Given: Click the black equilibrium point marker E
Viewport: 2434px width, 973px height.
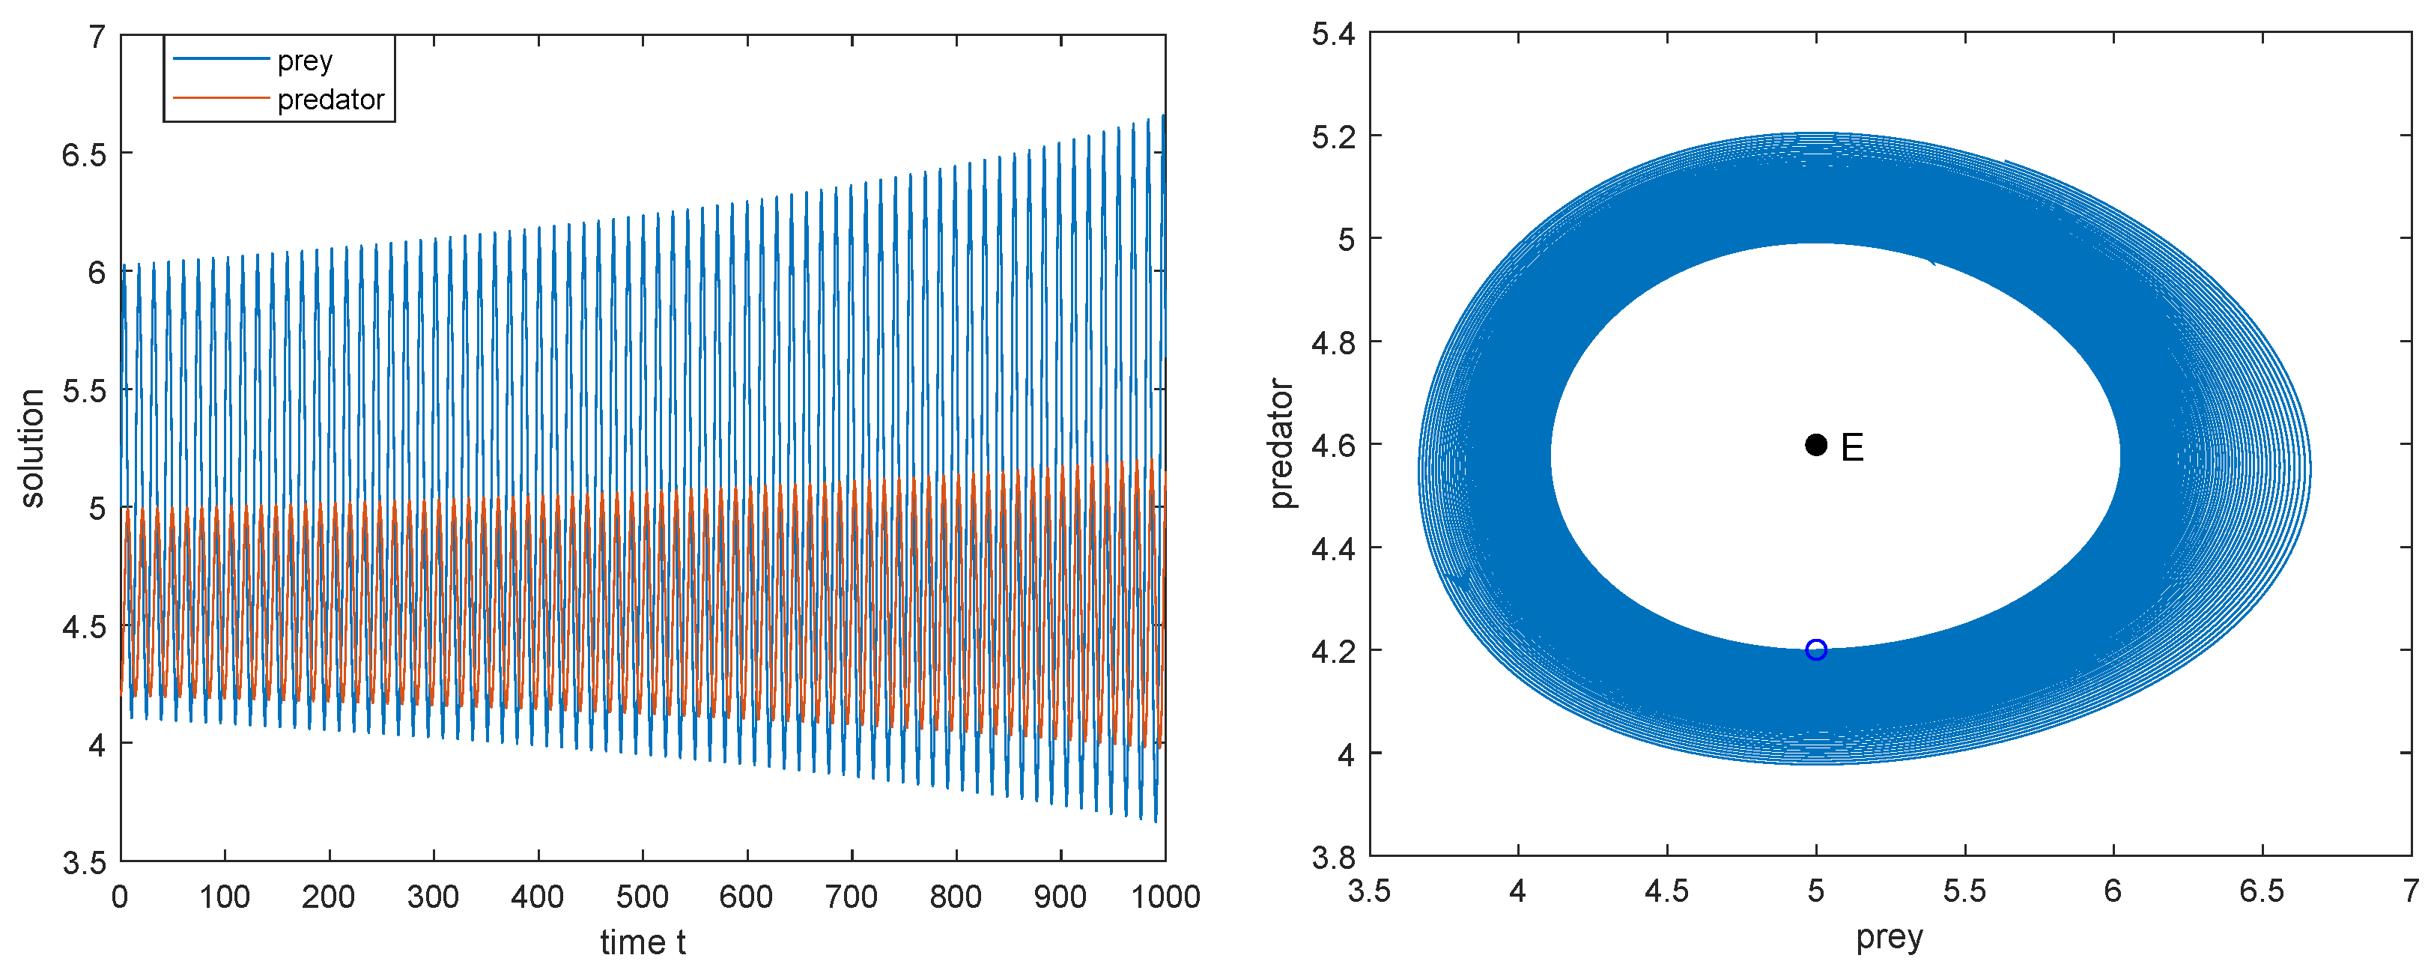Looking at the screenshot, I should pyautogui.click(x=1815, y=445).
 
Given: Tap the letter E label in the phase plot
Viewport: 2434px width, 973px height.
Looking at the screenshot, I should pyautogui.click(x=1852, y=448).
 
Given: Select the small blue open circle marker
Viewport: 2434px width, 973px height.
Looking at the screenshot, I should pyautogui.click(x=1815, y=650).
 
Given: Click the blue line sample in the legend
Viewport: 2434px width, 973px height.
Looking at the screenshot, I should pyautogui.click(x=221, y=59).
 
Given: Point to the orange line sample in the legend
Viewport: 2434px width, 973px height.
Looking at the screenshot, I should pyautogui.click(x=221, y=97).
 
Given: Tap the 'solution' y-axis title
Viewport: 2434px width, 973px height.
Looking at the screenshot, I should pyautogui.click(x=32, y=449).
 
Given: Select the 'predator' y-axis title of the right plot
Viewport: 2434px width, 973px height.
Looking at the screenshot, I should pyautogui.click(x=1281, y=444).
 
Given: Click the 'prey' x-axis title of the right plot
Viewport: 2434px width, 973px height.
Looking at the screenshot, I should pyautogui.click(x=1889, y=938).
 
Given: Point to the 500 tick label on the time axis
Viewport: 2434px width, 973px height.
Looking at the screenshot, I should pyautogui.click(x=643, y=897).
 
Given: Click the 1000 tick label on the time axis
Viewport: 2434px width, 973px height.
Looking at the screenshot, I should pyautogui.click(x=1165, y=897).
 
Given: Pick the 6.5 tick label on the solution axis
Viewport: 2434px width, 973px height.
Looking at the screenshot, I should pyautogui.click(x=84, y=154).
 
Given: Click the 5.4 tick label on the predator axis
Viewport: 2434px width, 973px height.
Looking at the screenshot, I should pyautogui.click(x=1332, y=35).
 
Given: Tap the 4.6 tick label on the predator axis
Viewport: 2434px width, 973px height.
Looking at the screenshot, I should pyautogui.click(x=1332, y=445).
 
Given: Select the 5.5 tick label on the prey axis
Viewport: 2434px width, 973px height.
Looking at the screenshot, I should pyautogui.click(x=1964, y=891).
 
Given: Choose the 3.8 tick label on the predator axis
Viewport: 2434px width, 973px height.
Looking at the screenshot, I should pyautogui.click(x=1332, y=857).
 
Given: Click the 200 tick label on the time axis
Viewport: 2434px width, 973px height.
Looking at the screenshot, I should pyautogui.click(x=329, y=897).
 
